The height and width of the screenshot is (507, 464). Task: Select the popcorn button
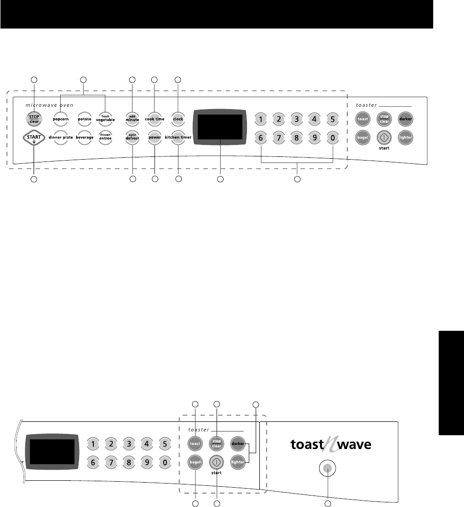61,119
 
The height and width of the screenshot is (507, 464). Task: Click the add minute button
132,119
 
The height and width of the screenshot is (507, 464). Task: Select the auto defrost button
132,137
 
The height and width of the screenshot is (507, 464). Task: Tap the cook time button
154,119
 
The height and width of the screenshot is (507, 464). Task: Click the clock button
178,119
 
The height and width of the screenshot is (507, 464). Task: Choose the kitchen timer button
178,137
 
